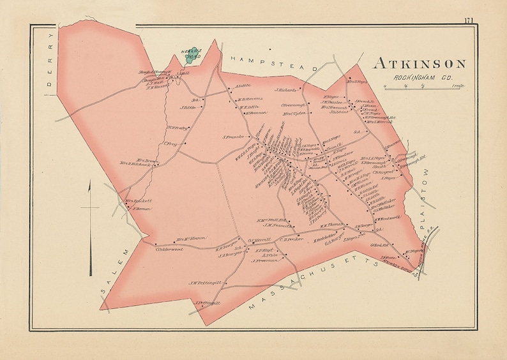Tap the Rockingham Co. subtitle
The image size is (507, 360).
point(420,78)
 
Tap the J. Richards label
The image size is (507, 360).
point(287,89)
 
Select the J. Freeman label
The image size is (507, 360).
point(275,260)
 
